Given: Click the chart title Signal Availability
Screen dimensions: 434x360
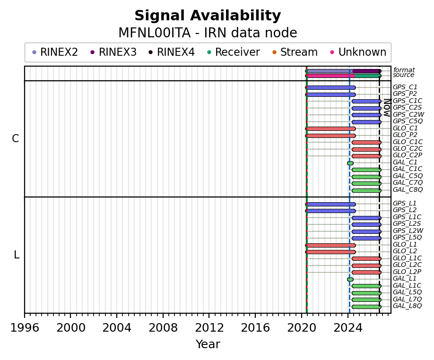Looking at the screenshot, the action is coord(208,16).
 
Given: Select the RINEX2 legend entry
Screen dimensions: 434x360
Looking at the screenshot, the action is coord(55,52).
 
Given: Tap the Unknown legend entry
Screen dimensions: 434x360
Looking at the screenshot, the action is coord(358,52).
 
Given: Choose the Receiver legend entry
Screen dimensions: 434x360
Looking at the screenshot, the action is coord(234,52).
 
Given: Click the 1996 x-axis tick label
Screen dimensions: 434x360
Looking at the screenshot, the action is coord(25,328).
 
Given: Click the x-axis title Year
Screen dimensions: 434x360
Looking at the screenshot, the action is coord(208,344).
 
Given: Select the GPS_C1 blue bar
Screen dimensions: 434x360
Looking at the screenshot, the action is coord(330,88).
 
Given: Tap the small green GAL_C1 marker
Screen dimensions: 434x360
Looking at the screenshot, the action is coord(350,163).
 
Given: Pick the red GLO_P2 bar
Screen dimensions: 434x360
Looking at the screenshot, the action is coord(330,136).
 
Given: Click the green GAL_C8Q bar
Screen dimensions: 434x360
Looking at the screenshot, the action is coord(366,190).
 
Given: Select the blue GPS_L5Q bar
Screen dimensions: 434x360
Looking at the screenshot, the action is coord(366,238).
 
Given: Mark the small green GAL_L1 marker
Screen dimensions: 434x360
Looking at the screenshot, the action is coord(350,279).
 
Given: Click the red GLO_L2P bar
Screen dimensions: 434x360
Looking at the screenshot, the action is coord(366,272).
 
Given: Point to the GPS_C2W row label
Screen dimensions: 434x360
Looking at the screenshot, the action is coord(408,114).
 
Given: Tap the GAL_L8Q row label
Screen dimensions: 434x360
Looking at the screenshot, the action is coord(407,306).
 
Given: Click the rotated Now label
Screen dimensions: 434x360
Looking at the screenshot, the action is coord(387,108).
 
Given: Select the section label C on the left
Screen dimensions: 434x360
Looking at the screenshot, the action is coord(16,138).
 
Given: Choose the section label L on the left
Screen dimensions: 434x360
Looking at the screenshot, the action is coord(17,255).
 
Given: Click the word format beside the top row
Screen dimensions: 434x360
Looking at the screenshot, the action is coord(404,70).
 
